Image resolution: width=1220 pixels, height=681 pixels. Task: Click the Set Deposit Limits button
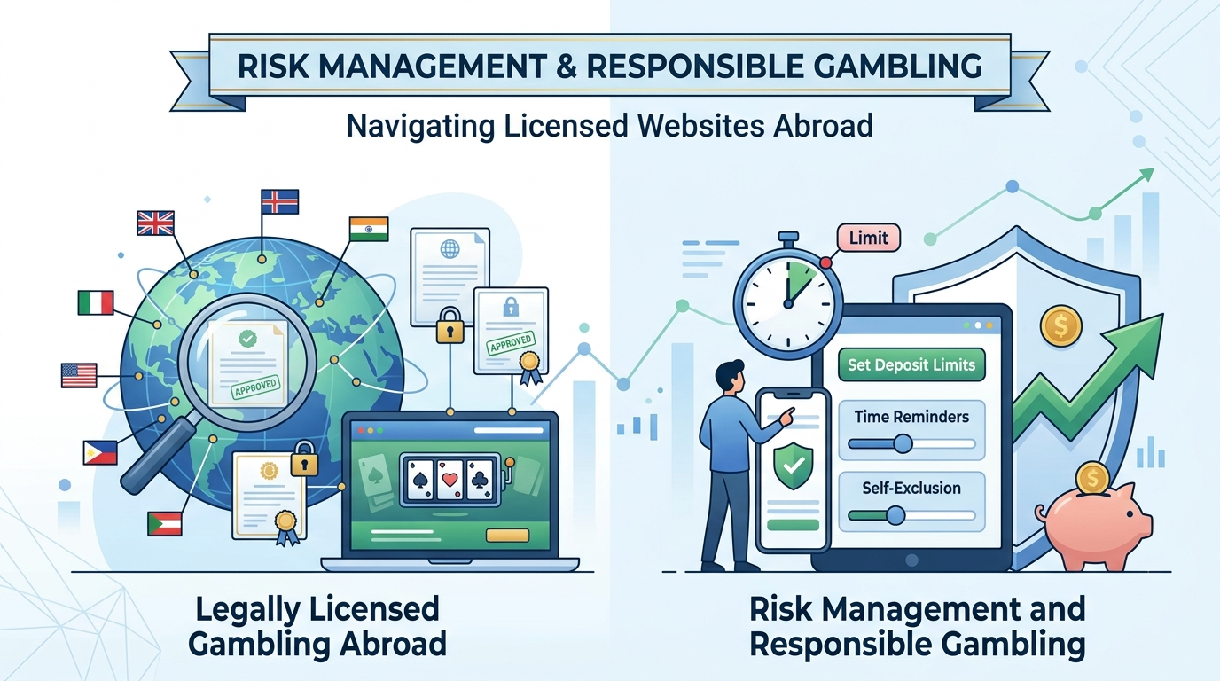click(x=911, y=364)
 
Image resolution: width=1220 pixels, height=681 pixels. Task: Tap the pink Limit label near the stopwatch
click(x=869, y=238)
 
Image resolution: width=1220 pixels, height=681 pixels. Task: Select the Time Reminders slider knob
click(x=903, y=443)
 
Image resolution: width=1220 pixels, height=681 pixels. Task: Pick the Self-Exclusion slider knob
click(x=895, y=515)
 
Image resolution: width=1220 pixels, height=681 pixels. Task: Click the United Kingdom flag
click(x=155, y=223)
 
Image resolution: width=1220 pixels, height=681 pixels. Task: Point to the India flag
click(x=369, y=229)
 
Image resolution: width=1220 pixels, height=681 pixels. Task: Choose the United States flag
click(x=79, y=375)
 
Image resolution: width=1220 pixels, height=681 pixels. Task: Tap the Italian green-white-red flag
click(x=96, y=302)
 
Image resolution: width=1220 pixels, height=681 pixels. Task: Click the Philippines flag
click(x=100, y=453)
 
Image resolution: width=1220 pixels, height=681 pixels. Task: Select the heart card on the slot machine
click(x=450, y=479)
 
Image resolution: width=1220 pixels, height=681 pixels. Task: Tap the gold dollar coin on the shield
click(x=1060, y=325)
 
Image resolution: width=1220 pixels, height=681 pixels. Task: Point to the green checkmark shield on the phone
click(x=794, y=465)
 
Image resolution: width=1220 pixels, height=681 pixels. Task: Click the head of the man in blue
click(x=730, y=375)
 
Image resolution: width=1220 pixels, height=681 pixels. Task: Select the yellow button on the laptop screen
click(x=508, y=535)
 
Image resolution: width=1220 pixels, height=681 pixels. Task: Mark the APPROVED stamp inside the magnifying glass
click(x=255, y=387)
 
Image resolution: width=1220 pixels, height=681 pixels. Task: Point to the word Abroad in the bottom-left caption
click(x=393, y=644)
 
